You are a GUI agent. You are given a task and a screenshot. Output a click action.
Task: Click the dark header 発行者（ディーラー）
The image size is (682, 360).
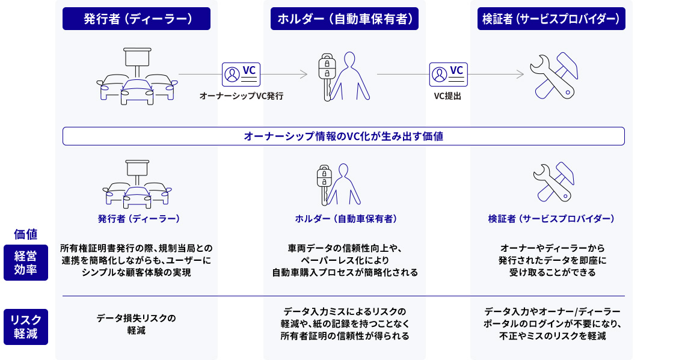(x=137, y=19)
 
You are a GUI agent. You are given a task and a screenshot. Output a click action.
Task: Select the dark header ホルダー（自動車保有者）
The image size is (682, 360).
(x=345, y=19)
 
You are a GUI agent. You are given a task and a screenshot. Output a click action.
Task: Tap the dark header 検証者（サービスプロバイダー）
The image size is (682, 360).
(x=551, y=19)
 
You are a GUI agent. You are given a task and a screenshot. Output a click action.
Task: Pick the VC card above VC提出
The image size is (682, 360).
(x=448, y=74)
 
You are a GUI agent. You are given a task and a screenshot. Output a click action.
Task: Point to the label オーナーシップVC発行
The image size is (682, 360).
(x=241, y=96)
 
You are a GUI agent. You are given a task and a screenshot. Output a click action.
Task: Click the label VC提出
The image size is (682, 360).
(x=447, y=96)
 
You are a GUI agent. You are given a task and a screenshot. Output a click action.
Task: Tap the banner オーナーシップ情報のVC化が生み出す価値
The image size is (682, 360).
(x=343, y=136)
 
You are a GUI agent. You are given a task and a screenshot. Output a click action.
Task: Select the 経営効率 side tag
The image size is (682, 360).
(x=25, y=263)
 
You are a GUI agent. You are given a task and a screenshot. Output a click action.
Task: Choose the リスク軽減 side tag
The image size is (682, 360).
(x=25, y=327)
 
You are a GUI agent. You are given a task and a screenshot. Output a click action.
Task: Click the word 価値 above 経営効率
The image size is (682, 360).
(x=25, y=234)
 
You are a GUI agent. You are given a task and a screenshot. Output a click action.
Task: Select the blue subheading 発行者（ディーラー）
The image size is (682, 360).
(x=139, y=219)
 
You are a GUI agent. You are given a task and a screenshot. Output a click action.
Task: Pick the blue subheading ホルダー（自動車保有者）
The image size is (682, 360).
(x=345, y=219)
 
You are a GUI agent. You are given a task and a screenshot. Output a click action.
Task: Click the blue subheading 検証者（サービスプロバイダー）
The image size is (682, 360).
(x=551, y=219)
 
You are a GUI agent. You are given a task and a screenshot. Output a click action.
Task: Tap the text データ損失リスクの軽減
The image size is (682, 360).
(x=137, y=324)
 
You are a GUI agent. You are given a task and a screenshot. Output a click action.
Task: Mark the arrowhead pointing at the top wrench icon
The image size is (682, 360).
(x=521, y=74)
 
